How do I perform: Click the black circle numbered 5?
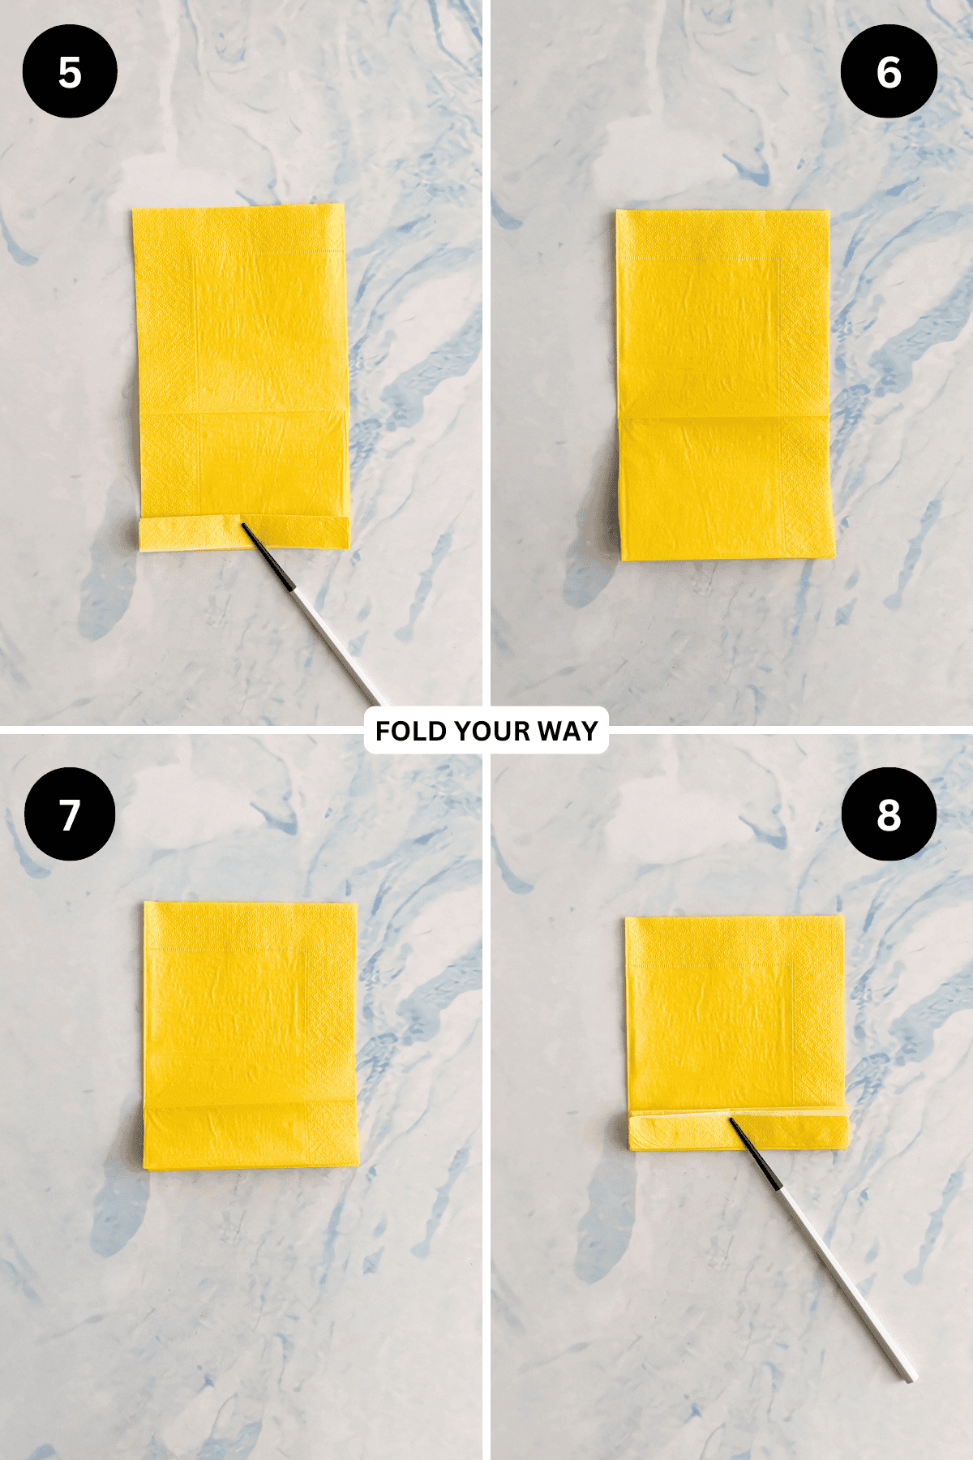(x=70, y=71)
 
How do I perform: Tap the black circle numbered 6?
(x=889, y=71)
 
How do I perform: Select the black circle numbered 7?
(x=70, y=814)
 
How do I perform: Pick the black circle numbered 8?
(x=889, y=814)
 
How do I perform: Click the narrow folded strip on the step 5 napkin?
(x=244, y=533)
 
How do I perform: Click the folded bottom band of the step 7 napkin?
(x=251, y=1137)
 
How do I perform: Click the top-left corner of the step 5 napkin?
(x=133, y=210)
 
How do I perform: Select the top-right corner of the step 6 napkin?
(x=829, y=212)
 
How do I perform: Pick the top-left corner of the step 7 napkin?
(x=145, y=902)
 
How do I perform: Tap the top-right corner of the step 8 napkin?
(x=843, y=917)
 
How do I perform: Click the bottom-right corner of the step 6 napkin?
(x=834, y=556)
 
